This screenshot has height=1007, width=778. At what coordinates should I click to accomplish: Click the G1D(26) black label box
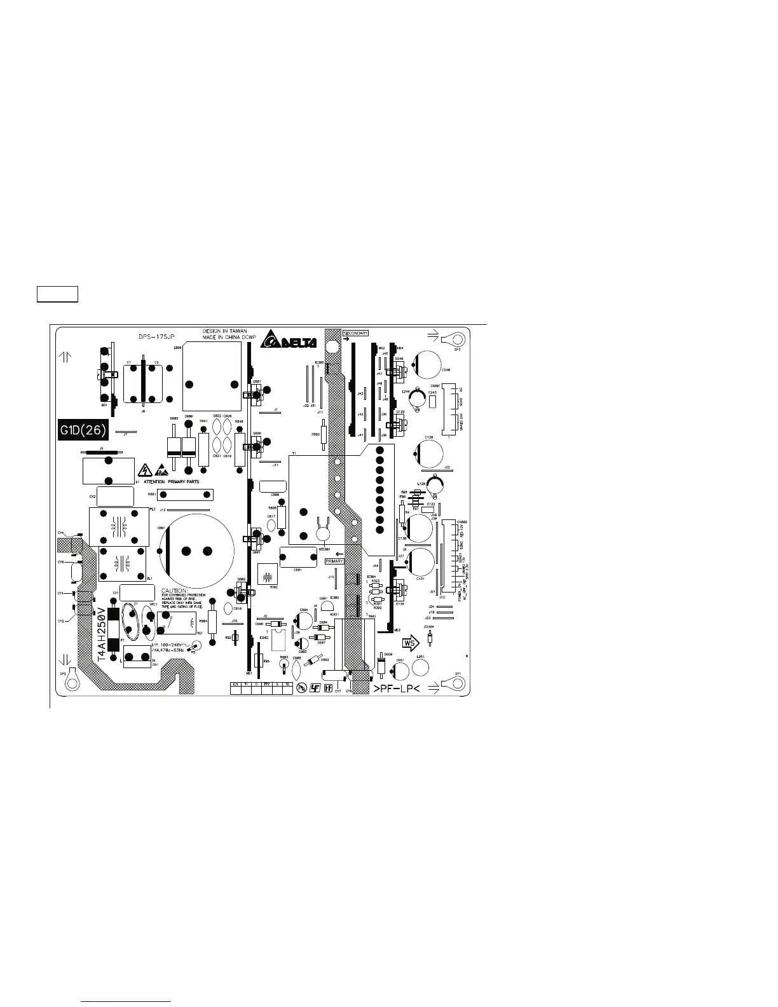tap(83, 430)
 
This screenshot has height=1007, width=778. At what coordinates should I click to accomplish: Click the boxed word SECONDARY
tap(355, 332)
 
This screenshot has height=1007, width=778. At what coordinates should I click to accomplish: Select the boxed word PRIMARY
tap(334, 561)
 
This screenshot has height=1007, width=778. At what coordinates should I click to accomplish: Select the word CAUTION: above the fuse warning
tap(177, 591)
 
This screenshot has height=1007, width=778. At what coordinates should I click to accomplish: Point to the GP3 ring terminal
tap(452, 337)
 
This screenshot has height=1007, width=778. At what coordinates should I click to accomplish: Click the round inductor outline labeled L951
tap(421, 667)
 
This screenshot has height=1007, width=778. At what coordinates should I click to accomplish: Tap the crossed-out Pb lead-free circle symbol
tap(303, 688)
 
